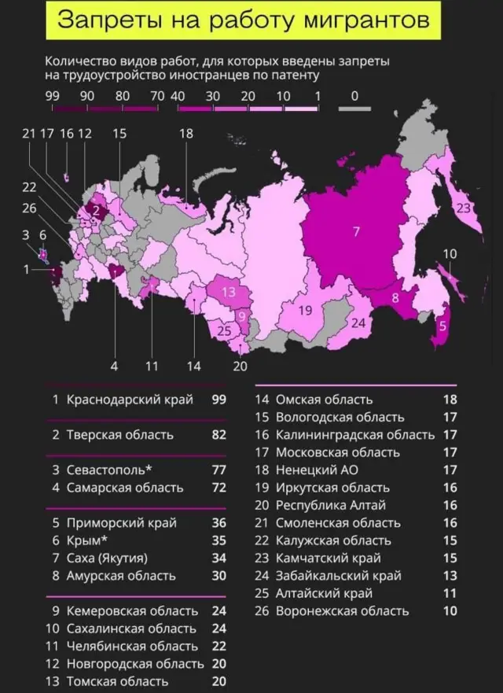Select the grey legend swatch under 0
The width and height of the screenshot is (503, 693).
point(355,109)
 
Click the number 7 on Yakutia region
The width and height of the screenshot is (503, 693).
point(356,231)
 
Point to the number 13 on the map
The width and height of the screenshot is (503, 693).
point(229,292)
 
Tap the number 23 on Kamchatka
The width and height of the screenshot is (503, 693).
point(463,208)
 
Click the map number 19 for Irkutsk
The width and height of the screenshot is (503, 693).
point(306,310)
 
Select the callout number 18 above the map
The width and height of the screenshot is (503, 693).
point(185,134)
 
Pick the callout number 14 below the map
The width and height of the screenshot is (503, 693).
point(193,366)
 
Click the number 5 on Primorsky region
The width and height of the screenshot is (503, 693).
point(442,326)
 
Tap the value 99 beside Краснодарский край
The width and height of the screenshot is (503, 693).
point(218,400)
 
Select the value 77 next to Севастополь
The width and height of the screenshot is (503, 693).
point(218,470)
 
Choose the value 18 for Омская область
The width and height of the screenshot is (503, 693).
point(450,400)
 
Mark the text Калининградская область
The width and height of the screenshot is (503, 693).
point(354,434)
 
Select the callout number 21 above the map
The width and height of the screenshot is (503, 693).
point(30,134)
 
